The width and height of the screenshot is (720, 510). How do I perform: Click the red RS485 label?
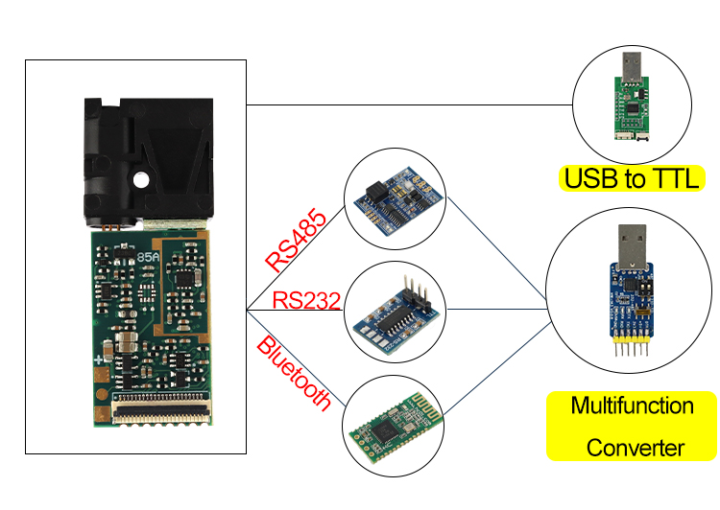click(296, 240)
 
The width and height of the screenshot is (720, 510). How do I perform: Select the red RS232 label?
click(306, 299)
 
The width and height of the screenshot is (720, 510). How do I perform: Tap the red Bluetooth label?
click(294, 373)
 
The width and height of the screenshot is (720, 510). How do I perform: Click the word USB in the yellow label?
click(588, 178)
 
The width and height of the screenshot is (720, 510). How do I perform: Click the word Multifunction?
click(632, 406)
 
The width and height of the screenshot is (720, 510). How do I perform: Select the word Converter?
click(635, 448)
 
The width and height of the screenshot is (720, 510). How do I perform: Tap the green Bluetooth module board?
click(395, 428)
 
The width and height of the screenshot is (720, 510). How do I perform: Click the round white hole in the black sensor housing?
click(141, 178)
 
